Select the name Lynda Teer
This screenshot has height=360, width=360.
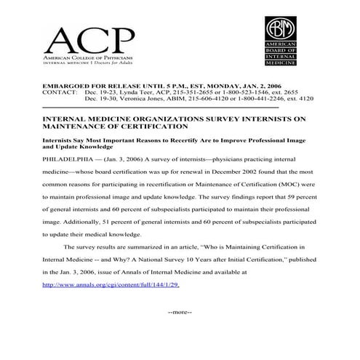(129, 92)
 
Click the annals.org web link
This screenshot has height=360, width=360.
(111, 284)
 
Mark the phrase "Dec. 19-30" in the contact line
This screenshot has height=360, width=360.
(99, 98)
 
